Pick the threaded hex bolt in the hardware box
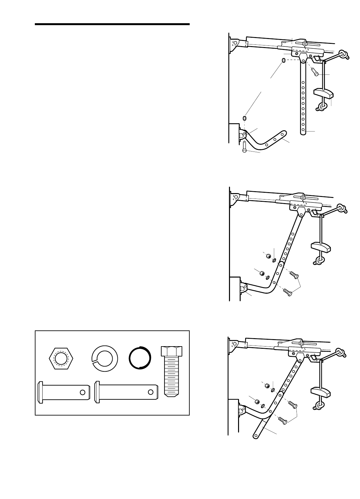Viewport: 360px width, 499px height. coord(171,371)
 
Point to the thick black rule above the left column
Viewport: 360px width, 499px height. coord(112,24)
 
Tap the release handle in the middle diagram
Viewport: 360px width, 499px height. coord(320,247)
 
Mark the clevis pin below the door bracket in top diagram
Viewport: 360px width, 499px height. coord(245,147)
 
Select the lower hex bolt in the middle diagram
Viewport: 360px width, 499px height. coord(287,292)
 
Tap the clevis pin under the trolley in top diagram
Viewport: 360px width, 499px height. coord(315,72)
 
